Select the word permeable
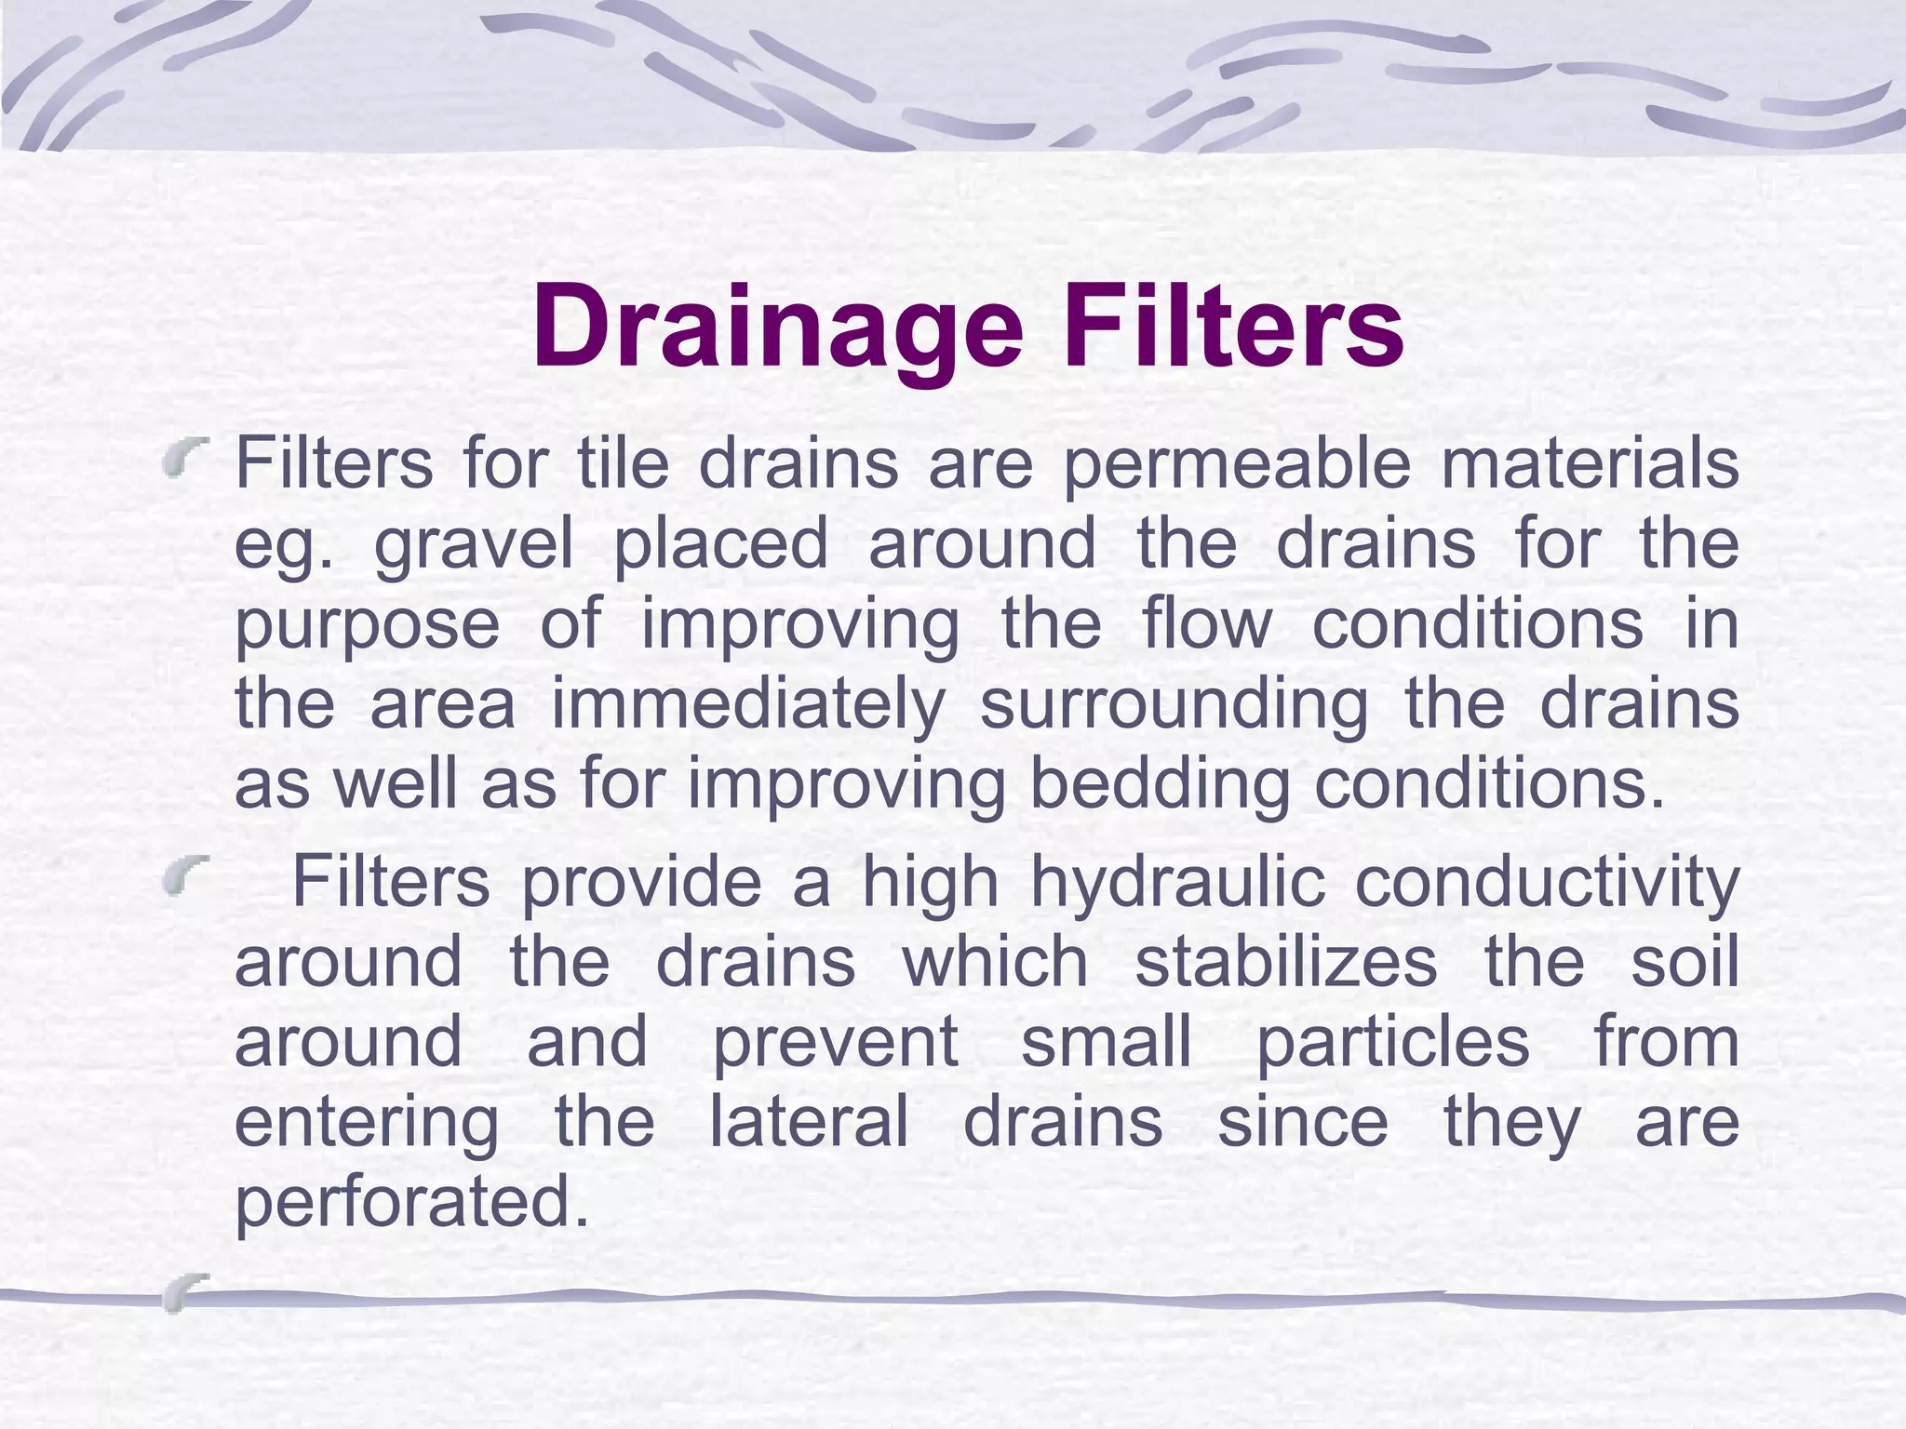1237,463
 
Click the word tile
623,462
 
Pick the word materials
1590,463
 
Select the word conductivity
1546,882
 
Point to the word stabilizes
1285,962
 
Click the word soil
1685,962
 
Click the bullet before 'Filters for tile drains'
183,458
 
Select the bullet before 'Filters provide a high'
183,877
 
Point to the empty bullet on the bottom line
183,1292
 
